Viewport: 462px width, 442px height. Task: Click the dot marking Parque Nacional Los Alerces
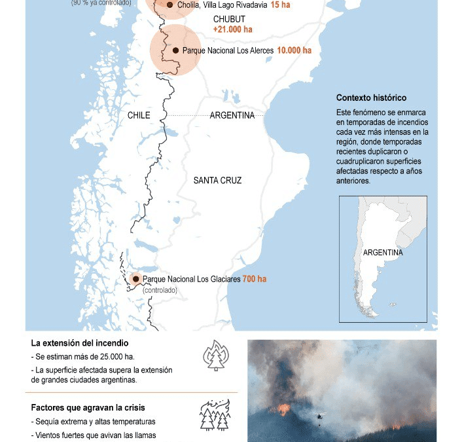(175, 50)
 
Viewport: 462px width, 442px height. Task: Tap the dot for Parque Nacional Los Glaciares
(136, 278)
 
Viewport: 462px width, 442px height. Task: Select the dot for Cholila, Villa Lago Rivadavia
(170, 5)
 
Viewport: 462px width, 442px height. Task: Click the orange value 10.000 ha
(293, 50)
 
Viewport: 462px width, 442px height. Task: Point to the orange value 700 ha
(255, 279)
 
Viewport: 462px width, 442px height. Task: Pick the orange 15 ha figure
(281, 5)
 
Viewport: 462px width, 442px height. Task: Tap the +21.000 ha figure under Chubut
(232, 29)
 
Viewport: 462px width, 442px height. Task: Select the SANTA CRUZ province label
(217, 180)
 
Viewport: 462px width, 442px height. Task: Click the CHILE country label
(139, 115)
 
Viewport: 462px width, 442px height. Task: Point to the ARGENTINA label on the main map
(232, 115)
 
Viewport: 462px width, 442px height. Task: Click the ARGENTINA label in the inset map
(383, 253)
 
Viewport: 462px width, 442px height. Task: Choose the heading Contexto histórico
(371, 98)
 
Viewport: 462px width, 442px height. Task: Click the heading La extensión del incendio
(79, 343)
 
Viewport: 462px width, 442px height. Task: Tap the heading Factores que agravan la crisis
(88, 407)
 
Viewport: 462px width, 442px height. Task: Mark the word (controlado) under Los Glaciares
(160, 289)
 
